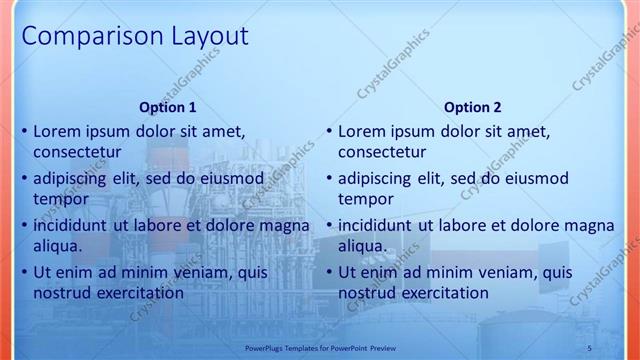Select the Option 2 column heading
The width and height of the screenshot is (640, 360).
(x=473, y=107)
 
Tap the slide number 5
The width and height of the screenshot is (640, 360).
(x=589, y=347)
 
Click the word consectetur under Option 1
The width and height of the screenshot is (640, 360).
(x=77, y=152)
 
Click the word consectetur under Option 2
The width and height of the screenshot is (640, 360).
(x=382, y=152)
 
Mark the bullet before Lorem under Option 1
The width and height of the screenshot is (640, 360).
(x=24, y=132)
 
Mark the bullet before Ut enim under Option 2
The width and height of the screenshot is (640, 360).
(x=329, y=273)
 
